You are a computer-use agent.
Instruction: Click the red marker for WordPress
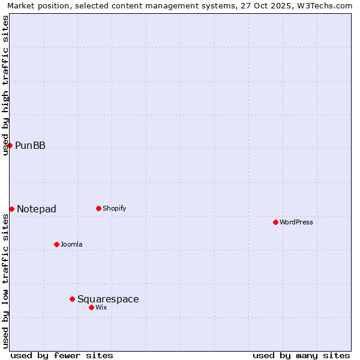point(275,222)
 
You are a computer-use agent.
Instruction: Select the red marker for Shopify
point(98,208)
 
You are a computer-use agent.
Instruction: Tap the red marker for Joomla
point(56,244)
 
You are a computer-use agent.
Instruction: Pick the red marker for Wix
point(91,307)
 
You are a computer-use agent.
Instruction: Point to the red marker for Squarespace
point(72,299)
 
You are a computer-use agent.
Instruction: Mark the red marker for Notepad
point(11,209)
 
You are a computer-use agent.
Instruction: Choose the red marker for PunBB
point(10,145)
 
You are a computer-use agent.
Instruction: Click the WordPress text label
point(296,223)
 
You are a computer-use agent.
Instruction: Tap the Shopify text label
point(115,209)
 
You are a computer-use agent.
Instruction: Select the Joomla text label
point(71,245)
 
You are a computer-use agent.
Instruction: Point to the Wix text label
point(101,308)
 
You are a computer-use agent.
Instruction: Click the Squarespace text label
point(108,299)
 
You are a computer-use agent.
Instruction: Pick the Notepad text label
point(37,209)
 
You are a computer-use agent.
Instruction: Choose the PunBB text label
point(30,146)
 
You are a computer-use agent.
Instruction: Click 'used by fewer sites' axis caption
point(62,355)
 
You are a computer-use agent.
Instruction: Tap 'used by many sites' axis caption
point(301,355)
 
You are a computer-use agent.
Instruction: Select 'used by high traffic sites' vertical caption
point(5,85)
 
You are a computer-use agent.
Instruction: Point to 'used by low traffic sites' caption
point(5,281)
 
